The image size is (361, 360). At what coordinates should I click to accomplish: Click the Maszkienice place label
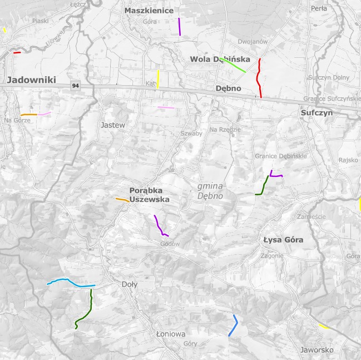[149, 11]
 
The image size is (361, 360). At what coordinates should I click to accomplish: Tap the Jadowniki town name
[32, 80]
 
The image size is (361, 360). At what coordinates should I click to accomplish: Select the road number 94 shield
[75, 86]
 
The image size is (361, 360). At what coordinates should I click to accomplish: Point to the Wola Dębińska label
[220, 60]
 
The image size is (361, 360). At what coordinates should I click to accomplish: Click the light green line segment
[233, 65]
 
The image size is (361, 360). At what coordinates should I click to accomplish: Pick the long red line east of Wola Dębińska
[258, 78]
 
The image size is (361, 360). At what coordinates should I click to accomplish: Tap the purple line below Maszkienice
[180, 27]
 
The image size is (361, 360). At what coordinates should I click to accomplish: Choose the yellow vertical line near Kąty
[158, 79]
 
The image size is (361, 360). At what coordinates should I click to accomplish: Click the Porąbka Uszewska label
[149, 194]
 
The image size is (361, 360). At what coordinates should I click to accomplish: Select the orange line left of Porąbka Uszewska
[122, 199]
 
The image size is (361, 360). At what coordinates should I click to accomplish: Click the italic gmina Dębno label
[210, 191]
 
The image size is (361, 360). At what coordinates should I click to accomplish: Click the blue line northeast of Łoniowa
[234, 326]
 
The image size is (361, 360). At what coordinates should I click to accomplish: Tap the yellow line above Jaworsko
[323, 326]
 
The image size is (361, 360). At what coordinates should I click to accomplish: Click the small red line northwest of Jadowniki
[17, 53]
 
